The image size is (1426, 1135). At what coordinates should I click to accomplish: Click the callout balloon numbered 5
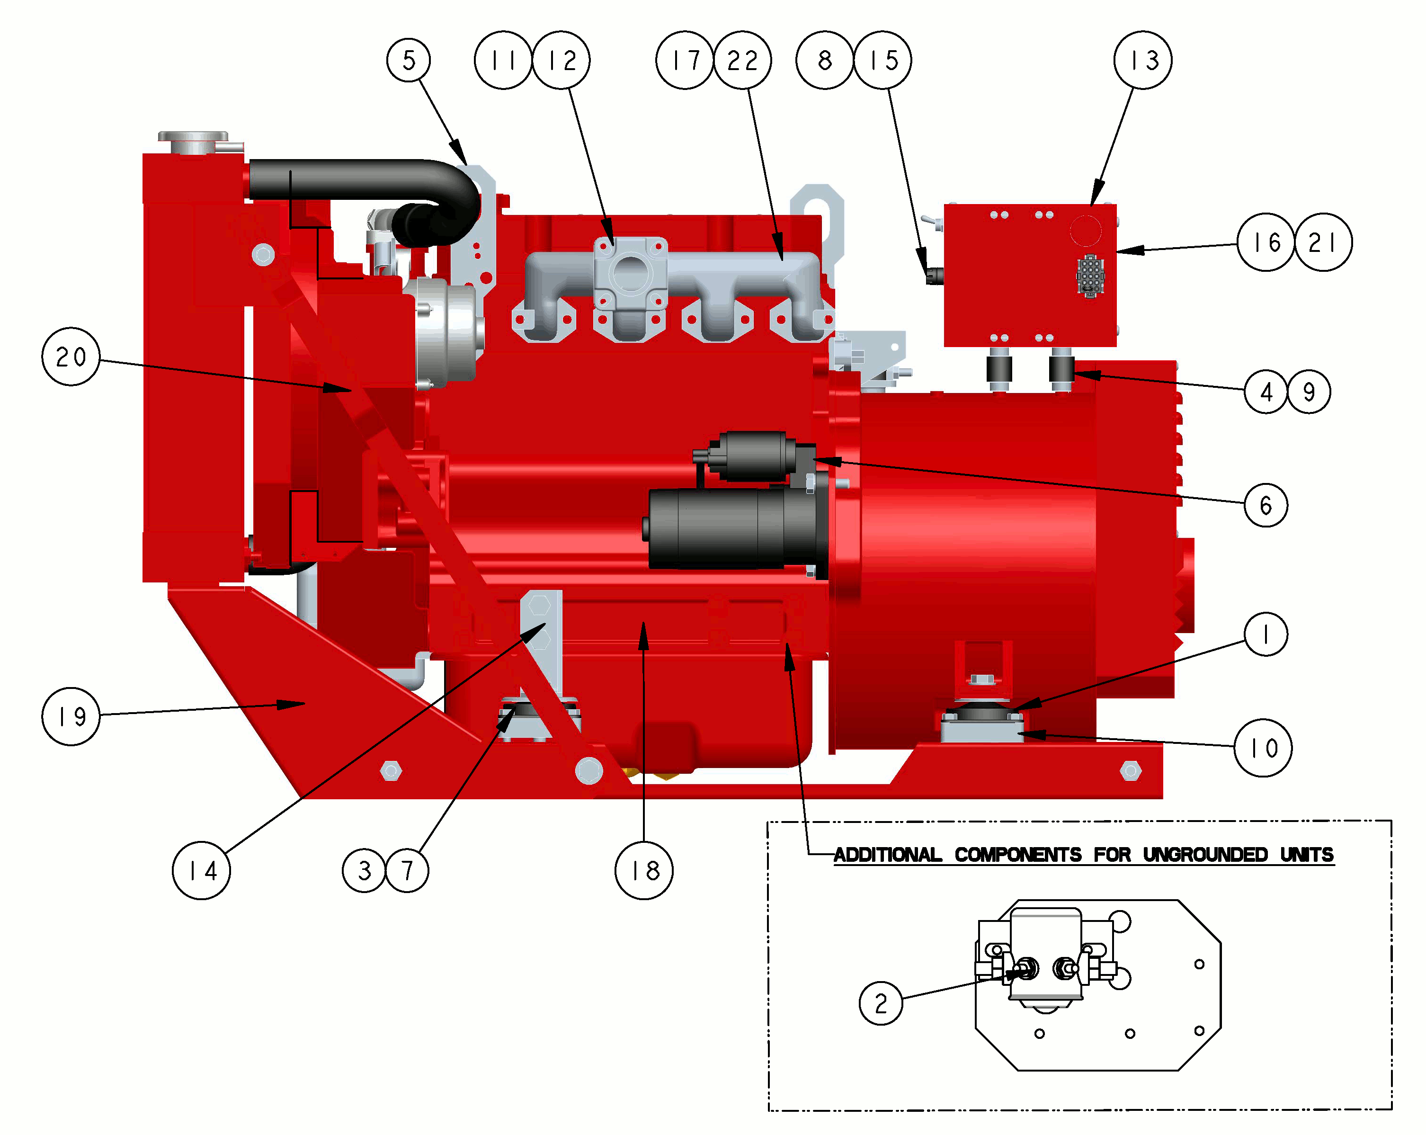tap(409, 60)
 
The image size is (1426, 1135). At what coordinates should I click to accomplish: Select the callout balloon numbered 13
tap(1142, 60)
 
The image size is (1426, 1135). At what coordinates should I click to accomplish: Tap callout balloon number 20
tap(71, 357)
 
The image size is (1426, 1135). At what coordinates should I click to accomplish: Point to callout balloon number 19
tap(71, 716)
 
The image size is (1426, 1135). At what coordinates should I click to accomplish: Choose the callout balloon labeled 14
tap(202, 870)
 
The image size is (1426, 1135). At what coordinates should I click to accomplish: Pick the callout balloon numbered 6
tap(1266, 505)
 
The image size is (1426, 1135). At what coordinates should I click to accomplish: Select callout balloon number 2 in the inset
tap(881, 1003)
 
